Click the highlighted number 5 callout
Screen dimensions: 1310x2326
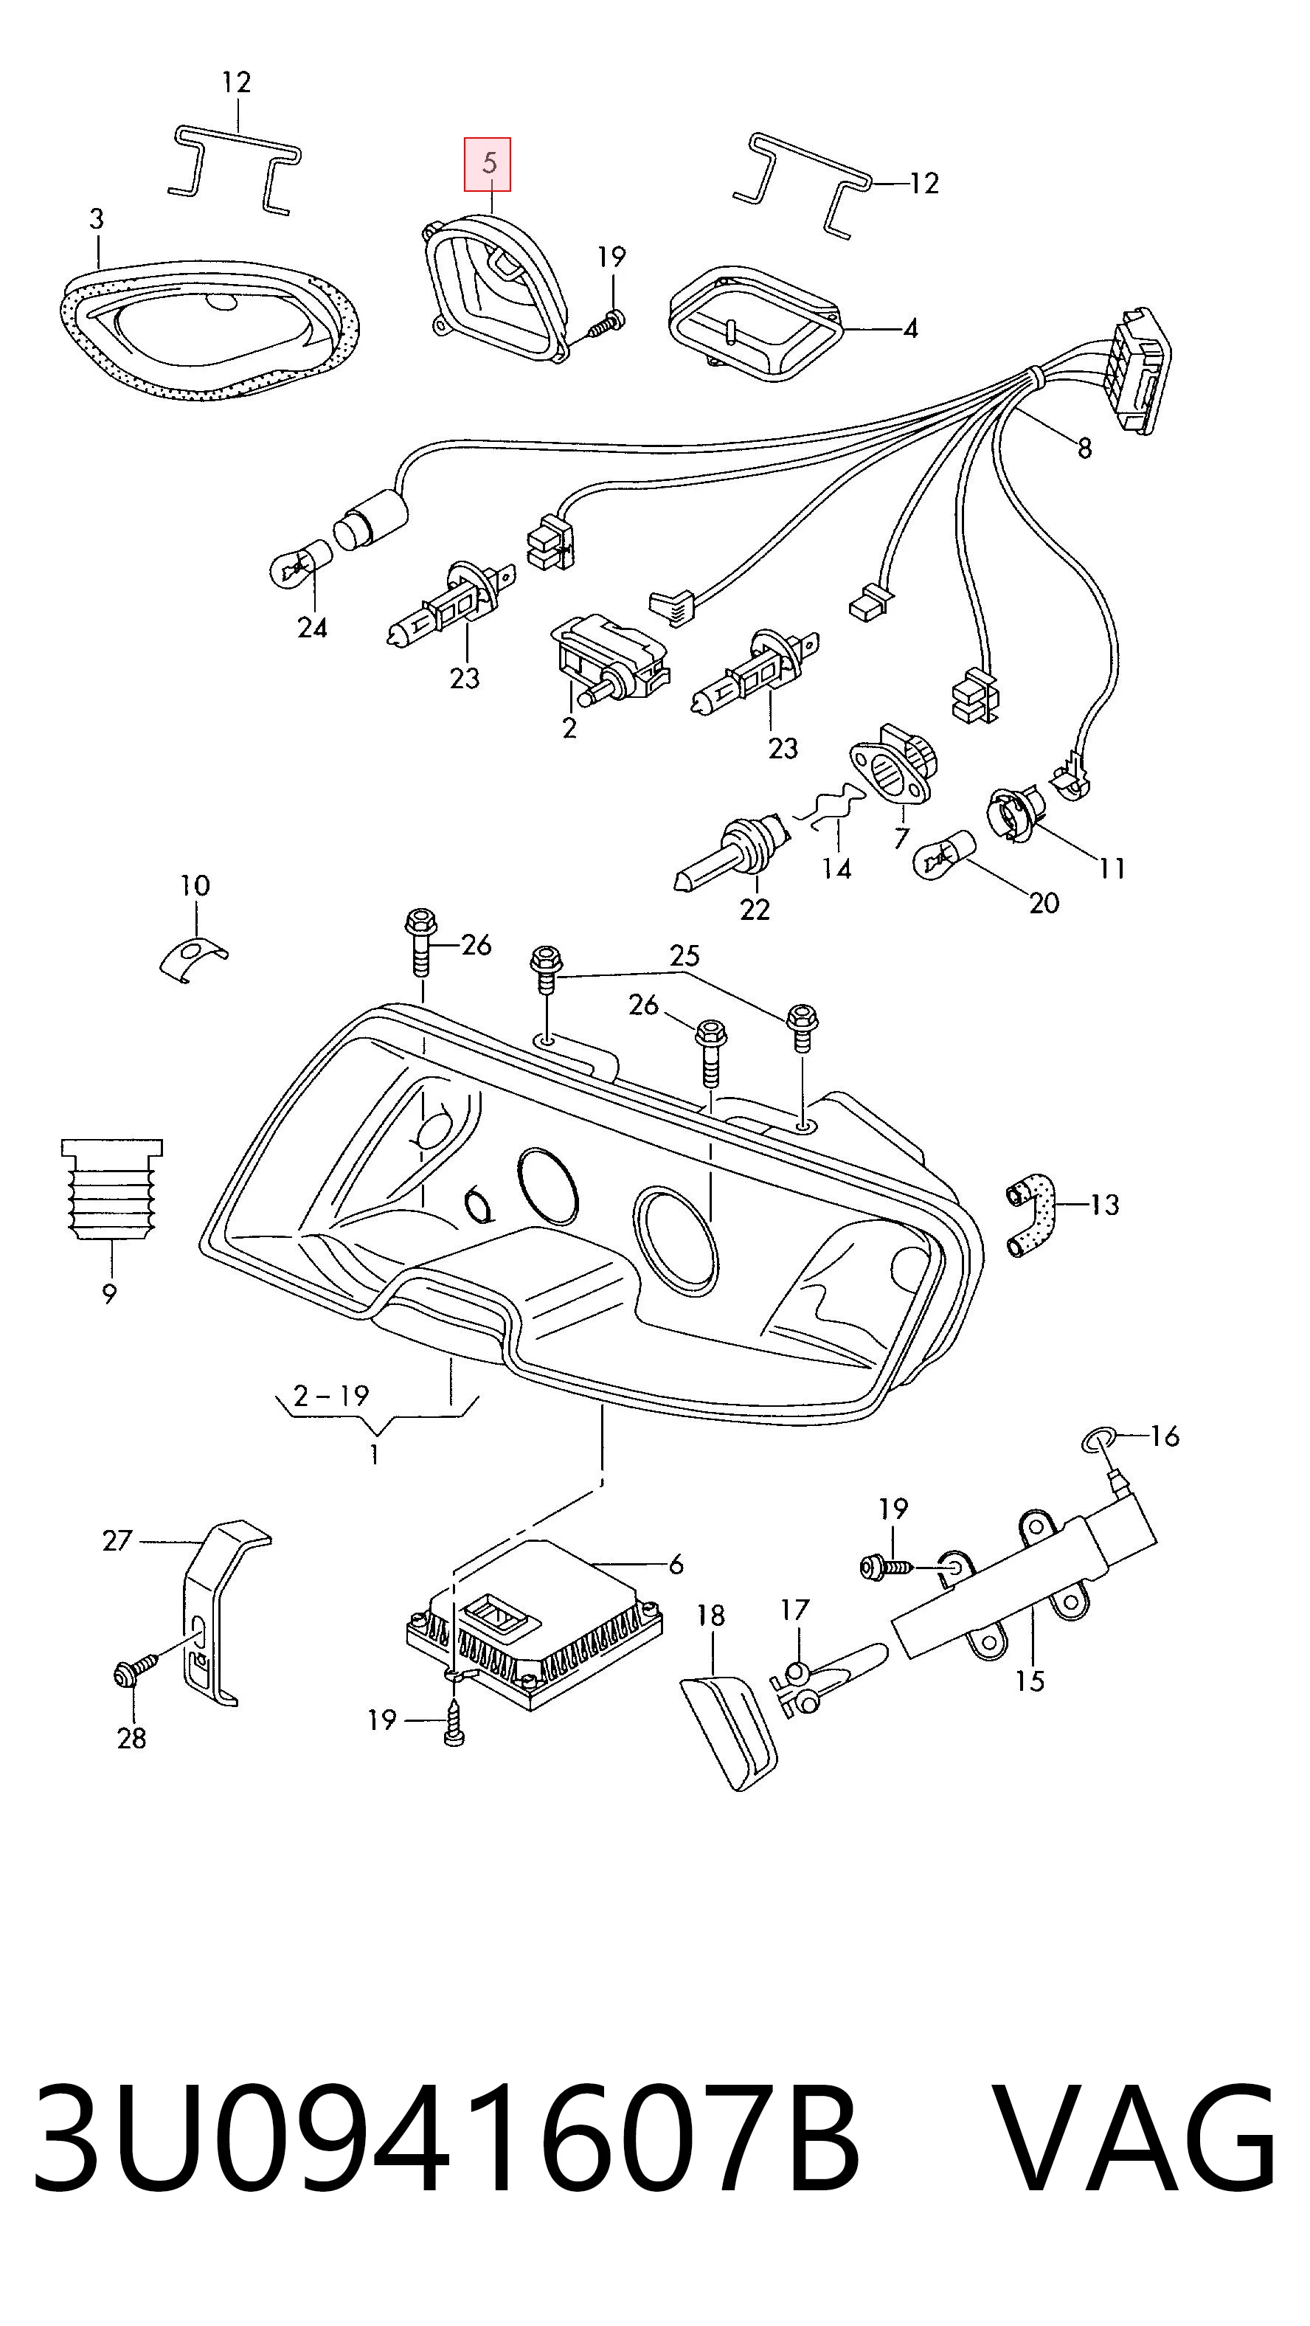click(x=488, y=164)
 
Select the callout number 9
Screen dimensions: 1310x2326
click(x=109, y=1294)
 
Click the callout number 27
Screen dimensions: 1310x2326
click(x=117, y=1540)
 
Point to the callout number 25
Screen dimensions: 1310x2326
click(x=685, y=955)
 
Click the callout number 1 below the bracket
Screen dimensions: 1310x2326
click(x=374, y=1455)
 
